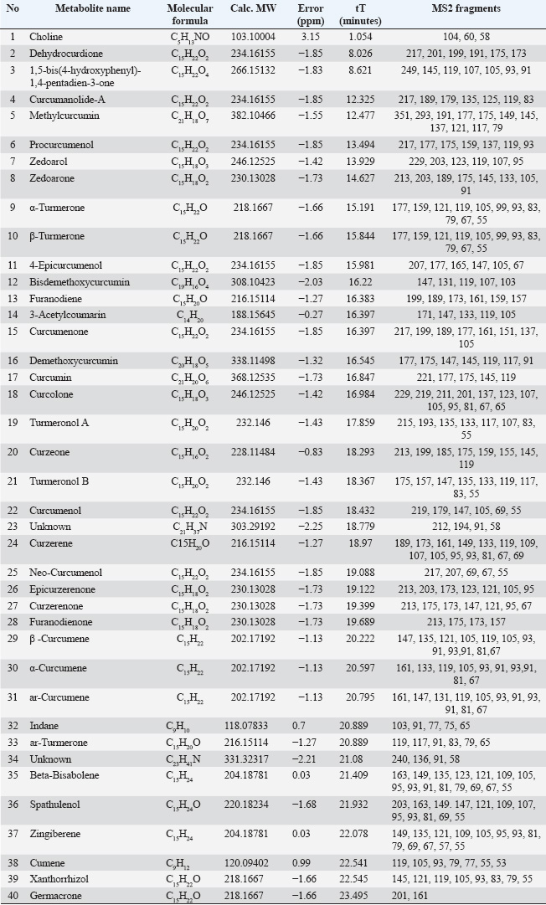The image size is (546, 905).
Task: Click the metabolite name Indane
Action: pos(44,726)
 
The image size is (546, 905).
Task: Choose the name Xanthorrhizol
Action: pos(59,879)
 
